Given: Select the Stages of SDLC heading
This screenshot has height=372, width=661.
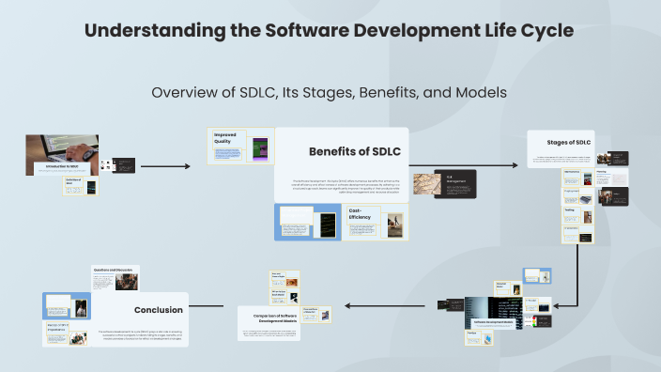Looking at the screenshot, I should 563,142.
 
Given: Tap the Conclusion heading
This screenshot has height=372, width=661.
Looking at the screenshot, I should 158,309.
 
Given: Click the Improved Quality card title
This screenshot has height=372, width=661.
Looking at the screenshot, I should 225,137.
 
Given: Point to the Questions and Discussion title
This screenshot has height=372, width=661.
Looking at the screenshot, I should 113,270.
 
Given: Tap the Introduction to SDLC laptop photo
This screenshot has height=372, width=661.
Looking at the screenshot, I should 62,154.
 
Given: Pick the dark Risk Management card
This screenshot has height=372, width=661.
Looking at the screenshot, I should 456,183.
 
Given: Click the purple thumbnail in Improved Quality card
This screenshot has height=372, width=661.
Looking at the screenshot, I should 261,148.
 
